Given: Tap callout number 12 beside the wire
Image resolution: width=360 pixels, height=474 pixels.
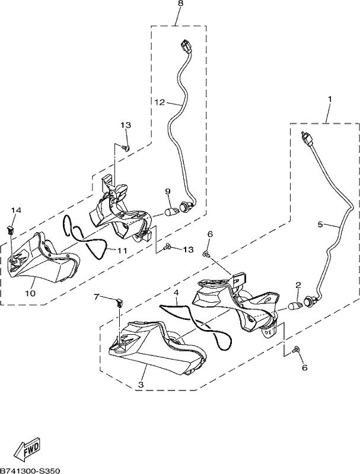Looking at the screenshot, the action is point(160,102).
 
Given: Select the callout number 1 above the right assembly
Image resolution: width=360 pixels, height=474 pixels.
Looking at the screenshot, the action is point(330,99).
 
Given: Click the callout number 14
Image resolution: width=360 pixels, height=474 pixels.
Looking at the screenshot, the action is point(17,210).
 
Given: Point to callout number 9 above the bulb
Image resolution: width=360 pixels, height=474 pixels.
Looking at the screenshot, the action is point(168,191).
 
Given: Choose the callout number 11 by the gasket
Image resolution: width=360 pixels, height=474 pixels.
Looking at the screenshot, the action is point(122,250).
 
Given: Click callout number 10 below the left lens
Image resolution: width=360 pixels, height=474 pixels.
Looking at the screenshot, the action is point(31,293).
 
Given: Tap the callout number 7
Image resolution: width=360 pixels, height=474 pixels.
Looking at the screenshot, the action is point(96,297).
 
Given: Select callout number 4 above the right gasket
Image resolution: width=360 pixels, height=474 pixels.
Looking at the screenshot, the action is point(176,293).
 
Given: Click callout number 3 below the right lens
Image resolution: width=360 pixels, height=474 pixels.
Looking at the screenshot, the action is point(141,385).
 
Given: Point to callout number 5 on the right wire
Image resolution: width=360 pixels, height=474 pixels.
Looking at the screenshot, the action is point(320,224).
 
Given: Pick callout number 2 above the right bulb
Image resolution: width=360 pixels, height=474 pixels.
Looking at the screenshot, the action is point(298,285).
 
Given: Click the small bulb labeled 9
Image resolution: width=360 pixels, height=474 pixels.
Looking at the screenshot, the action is point(171,212).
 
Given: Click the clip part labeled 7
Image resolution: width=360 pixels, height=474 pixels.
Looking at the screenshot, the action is point(120,303).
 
